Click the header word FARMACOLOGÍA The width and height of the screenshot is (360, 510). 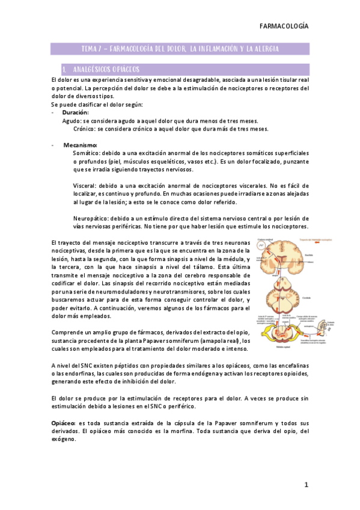(x=284, y=26)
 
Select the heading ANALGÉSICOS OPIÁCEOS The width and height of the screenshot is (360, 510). (x=109, y=70)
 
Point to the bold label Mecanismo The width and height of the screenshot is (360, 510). (x=80, y=145)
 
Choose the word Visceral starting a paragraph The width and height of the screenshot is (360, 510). (x=84, y=186)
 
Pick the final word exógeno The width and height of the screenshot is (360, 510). (x=63, y=440)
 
